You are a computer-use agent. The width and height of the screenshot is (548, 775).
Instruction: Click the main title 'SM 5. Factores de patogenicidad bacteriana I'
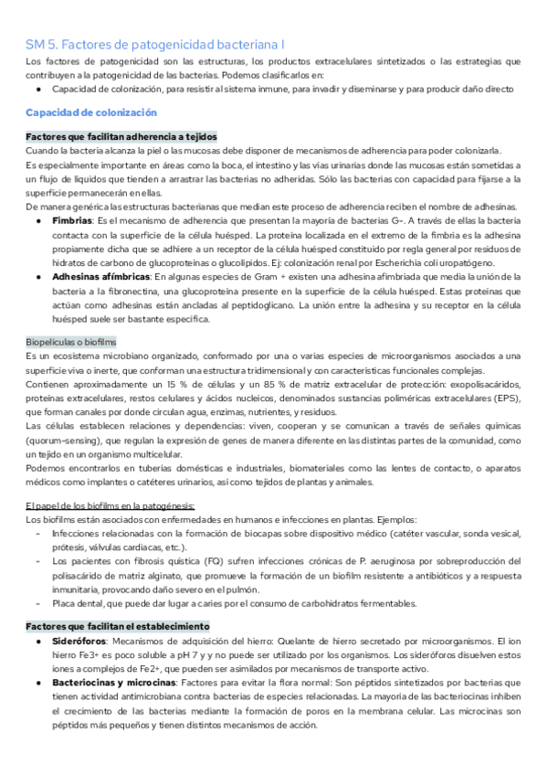(x=154, y=43)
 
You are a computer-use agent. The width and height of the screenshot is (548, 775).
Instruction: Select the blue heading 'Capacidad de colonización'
(x=91, y=111)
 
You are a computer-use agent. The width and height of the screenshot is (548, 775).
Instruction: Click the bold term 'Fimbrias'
(x=72, y=221)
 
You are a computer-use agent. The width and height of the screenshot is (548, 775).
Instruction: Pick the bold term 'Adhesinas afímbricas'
(x=101, y=276)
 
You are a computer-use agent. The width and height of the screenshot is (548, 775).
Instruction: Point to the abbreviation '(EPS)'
(x=503, y=399)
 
